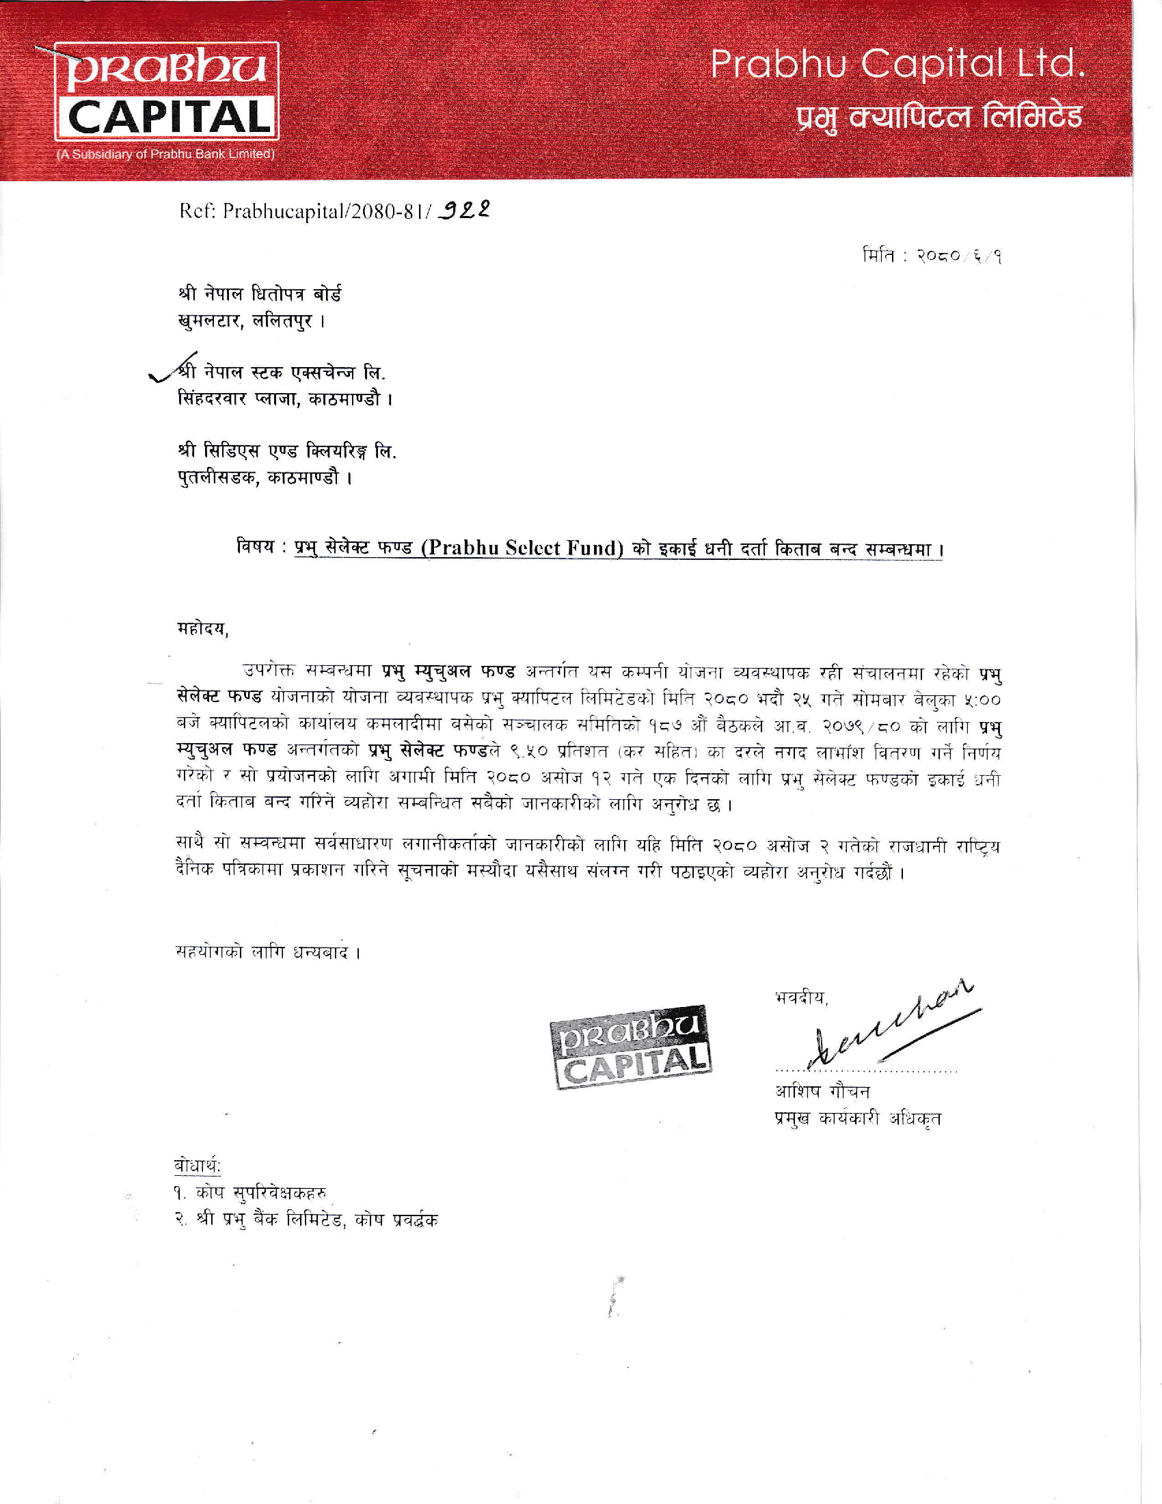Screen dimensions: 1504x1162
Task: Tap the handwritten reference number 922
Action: pos(465,209)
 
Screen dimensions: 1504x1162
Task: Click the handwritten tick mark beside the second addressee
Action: pos(165,373)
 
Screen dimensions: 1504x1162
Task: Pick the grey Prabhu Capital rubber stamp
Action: pos(630,1047)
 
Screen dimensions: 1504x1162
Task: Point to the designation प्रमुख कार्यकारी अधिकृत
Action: pos(857,1118)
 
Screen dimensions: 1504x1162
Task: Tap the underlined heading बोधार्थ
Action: pos(197,1165)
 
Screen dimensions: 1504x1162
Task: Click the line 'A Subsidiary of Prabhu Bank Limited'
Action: pos(165,155)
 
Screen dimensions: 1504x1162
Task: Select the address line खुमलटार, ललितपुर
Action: pos(251,321)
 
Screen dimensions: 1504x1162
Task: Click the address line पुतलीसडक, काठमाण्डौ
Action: pos(265,477)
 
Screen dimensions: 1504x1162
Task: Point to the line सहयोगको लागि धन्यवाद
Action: pos(269,952)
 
